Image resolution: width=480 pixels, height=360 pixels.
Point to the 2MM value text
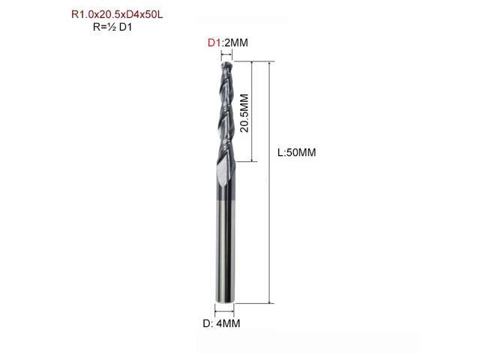[x=235, y=43]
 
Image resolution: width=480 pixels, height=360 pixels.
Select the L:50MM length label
[x=298, y=153]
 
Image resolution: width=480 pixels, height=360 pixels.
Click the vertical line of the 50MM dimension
[x=268, y=225]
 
